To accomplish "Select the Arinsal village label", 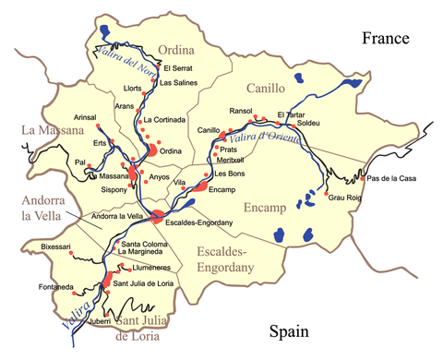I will (85, 116).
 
